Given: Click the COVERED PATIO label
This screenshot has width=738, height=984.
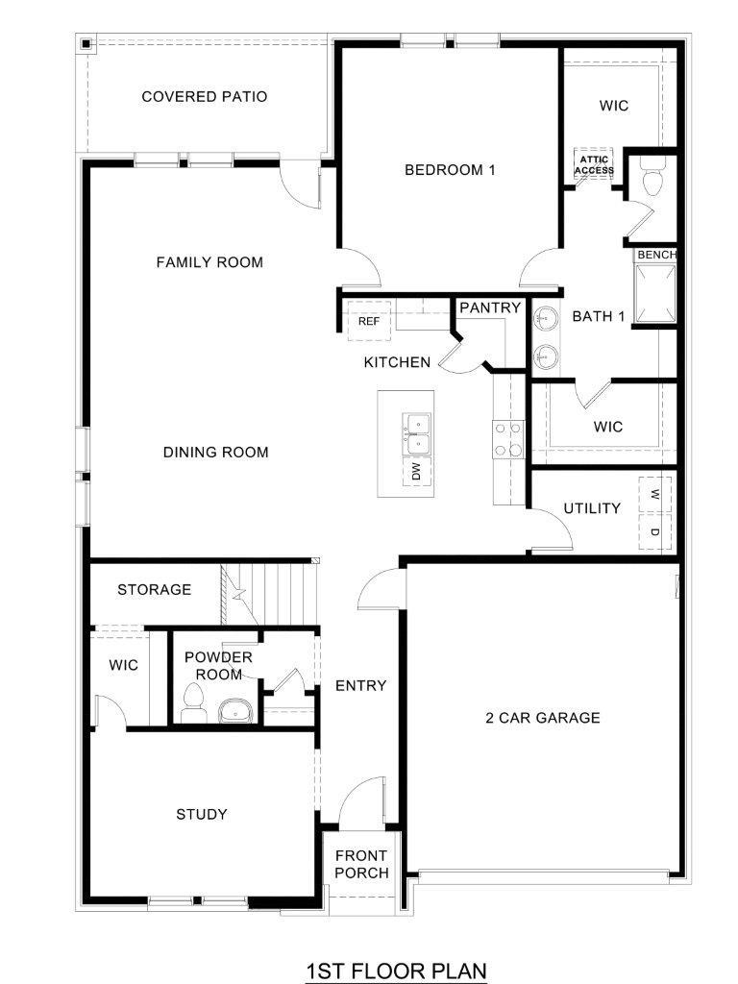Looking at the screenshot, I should pyautogui.click(x=204, y=97).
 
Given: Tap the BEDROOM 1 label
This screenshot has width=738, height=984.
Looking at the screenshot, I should pyautogui.click(x=450, y=170).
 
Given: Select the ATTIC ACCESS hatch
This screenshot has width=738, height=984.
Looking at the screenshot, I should pyautogui.click(x=594, y=164).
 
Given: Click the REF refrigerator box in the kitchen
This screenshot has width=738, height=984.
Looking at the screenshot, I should pyautogui.click(x=369, y=322).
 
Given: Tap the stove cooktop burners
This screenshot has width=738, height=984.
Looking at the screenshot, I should pyautogui.click(x=507, y=439).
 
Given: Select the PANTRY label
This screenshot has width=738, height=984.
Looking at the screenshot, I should pyautogui.click(x=490, y=308).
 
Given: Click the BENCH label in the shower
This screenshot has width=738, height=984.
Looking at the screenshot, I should pyautogui.click(x=656, y=255).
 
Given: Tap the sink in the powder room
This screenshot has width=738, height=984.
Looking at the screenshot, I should pyautogui.click(x=234, y=711).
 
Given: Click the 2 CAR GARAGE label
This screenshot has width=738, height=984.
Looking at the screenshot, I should pyautogui.click(x=542, y=718).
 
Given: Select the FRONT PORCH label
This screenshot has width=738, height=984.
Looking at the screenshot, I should pyautogui.click(x=361, y=864).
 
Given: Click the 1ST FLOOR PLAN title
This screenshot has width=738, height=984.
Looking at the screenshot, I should pyautogui.click(x=396, y=971).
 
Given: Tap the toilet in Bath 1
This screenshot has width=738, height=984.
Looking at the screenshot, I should pyautogui.click(x=653, y=180).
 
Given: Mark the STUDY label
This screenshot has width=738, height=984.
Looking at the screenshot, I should pyautogui.click(x=202, y=815).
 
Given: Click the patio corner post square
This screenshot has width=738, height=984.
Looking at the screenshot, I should pyautogui.click(x=86, y=43).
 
